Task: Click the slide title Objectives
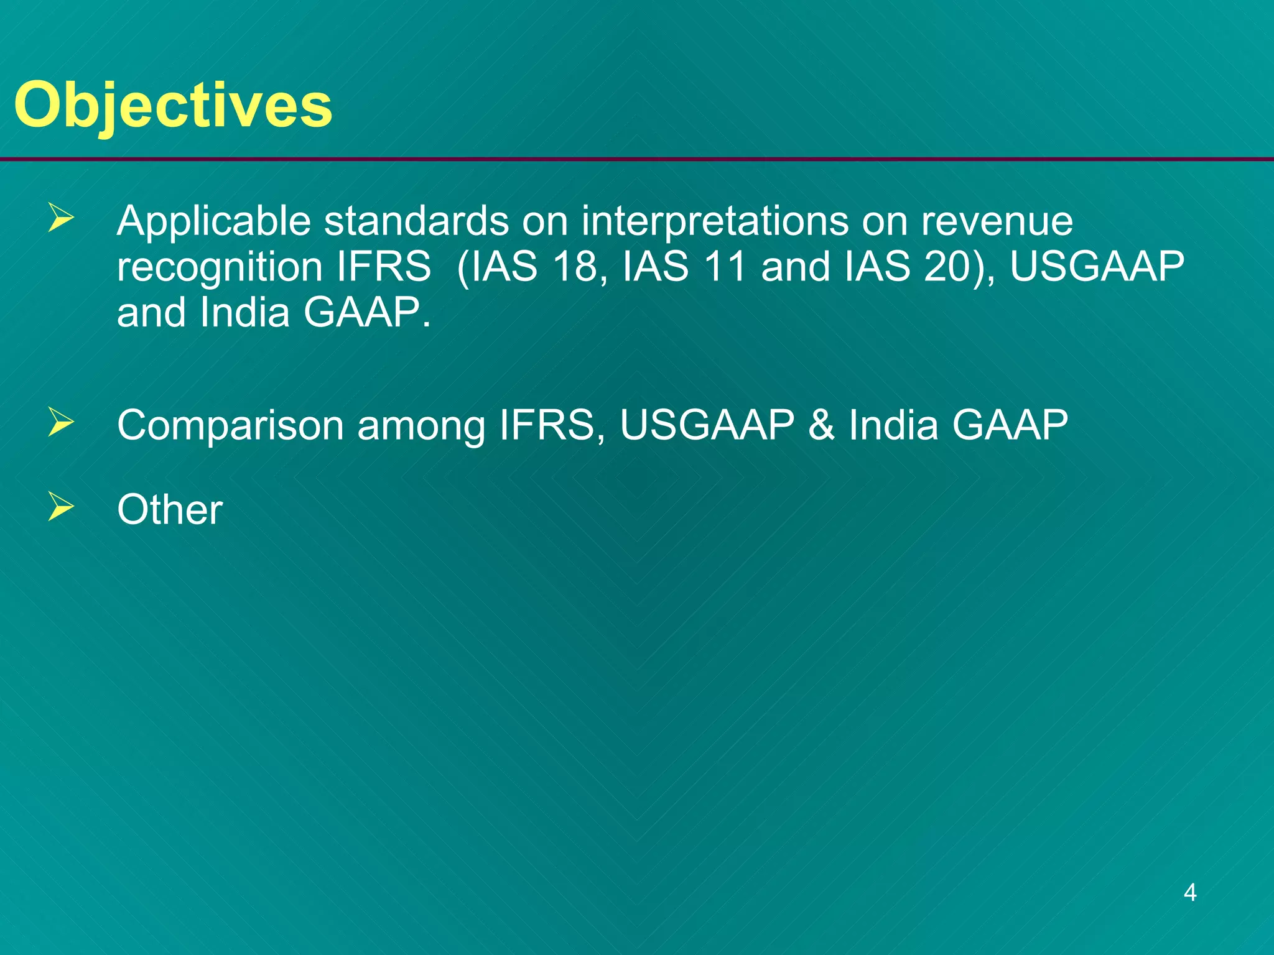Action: [x=173, y=106]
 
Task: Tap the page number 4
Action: [x=1190, y=892]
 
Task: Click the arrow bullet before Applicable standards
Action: [x=61, y=219]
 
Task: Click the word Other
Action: [x=169, y=509]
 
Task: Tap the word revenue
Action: [x=997, y=221]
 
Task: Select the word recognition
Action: [x=220, y=267]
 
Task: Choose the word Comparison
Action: [x=230, y=427]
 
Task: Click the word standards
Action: [x=416, y=221]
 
